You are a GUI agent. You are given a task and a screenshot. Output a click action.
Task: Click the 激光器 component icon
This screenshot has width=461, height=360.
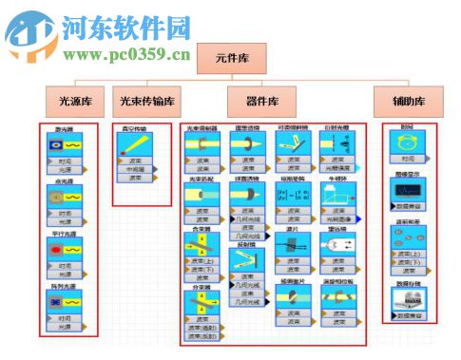click(66, 146)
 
